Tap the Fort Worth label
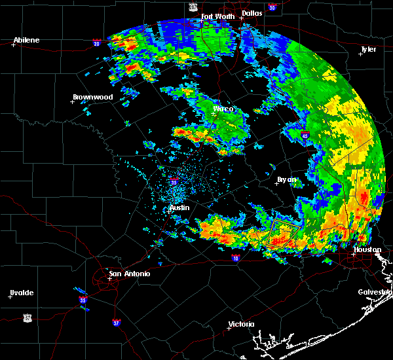click(x=217, y=16)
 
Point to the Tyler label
click(x=369, y=49)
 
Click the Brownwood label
click(x=92, y=97)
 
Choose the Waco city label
click(x=223, y=109)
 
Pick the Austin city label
click(x=179, y=207)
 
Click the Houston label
click(x=367, y=249)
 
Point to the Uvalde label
click(x=22, y=292)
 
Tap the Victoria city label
click(x=240, y=325)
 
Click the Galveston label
click(x=375, y=292)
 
